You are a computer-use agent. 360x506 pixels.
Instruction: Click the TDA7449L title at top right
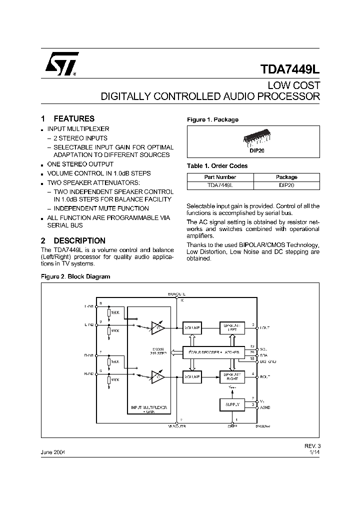pos(290,68)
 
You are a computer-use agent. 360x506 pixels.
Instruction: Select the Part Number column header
pos(220,177)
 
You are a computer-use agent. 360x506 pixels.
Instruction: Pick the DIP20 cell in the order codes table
pos(286,185)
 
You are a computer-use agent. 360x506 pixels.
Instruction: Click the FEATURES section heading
pos(73,119)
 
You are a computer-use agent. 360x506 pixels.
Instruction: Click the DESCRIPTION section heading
pos(79,240)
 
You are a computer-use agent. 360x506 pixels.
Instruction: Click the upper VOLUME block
pos(192,327)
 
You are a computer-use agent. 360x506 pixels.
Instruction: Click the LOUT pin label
pos(264,328)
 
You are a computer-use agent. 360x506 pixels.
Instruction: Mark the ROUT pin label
pos(264,376)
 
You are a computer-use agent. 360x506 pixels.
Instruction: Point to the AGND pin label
pos(265,407)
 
